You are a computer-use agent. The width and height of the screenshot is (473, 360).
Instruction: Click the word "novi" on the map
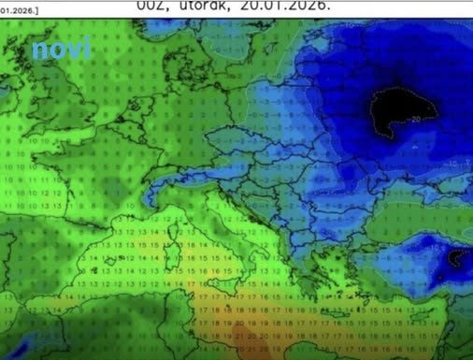62,49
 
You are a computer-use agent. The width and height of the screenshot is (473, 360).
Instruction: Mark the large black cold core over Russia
402,108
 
